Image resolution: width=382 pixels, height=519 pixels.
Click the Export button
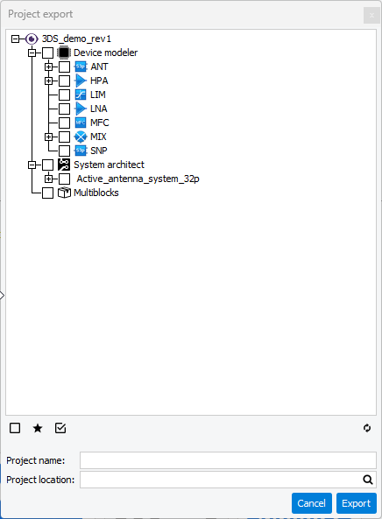tap(357, 503)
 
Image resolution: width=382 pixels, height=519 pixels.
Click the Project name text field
tap(228, 460)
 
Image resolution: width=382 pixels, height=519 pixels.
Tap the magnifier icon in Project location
tap(368, 480)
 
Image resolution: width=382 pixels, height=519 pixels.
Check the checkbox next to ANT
tap(64, 67)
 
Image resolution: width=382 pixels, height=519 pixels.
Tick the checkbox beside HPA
tap(64, 81)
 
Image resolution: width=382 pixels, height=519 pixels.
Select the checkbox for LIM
tap(64, 95)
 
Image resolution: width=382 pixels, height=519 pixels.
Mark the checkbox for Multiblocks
tap(47, 193)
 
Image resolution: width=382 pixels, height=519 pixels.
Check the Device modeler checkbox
tap(47, 53)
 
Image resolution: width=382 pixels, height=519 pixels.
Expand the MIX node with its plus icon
tap(49, 137)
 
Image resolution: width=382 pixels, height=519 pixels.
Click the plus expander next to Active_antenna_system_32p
tap(49, 179)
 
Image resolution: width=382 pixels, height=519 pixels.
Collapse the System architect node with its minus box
tap(32, 165)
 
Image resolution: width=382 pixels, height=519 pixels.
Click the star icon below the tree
tap(38, 428)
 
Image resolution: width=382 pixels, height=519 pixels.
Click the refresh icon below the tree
tap(367, 428)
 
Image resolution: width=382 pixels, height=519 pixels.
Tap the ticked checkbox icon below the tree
tap(60, 428)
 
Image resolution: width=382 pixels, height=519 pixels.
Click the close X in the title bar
tap(371, 15)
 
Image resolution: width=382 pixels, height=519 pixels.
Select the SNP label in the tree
tap(99, 151)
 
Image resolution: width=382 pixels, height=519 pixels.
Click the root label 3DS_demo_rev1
tap(76, 39)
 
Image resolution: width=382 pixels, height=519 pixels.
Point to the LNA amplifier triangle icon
tap(81, 109)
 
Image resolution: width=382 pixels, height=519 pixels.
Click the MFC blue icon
tap(81, 123)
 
